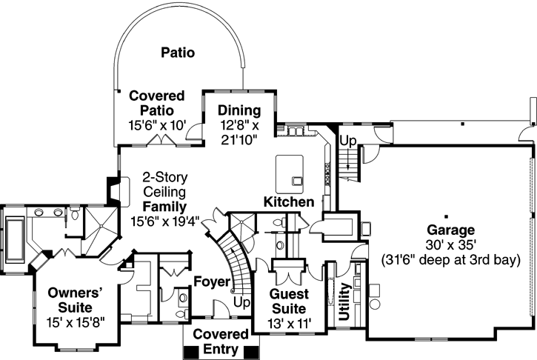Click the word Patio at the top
[x=178, y=53]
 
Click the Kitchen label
[x=289, y=201]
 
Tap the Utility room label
[x=344, y=303]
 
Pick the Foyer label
[x=211, y=281]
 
